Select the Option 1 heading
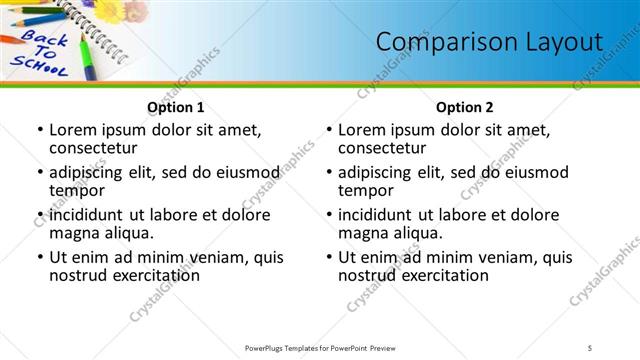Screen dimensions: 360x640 click(x=176, y=107)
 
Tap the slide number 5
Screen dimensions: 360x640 click(x=591, y=347)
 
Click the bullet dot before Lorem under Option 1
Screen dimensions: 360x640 click(x=39, y=130)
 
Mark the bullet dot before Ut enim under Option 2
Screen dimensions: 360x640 click(x=328, y=257)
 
